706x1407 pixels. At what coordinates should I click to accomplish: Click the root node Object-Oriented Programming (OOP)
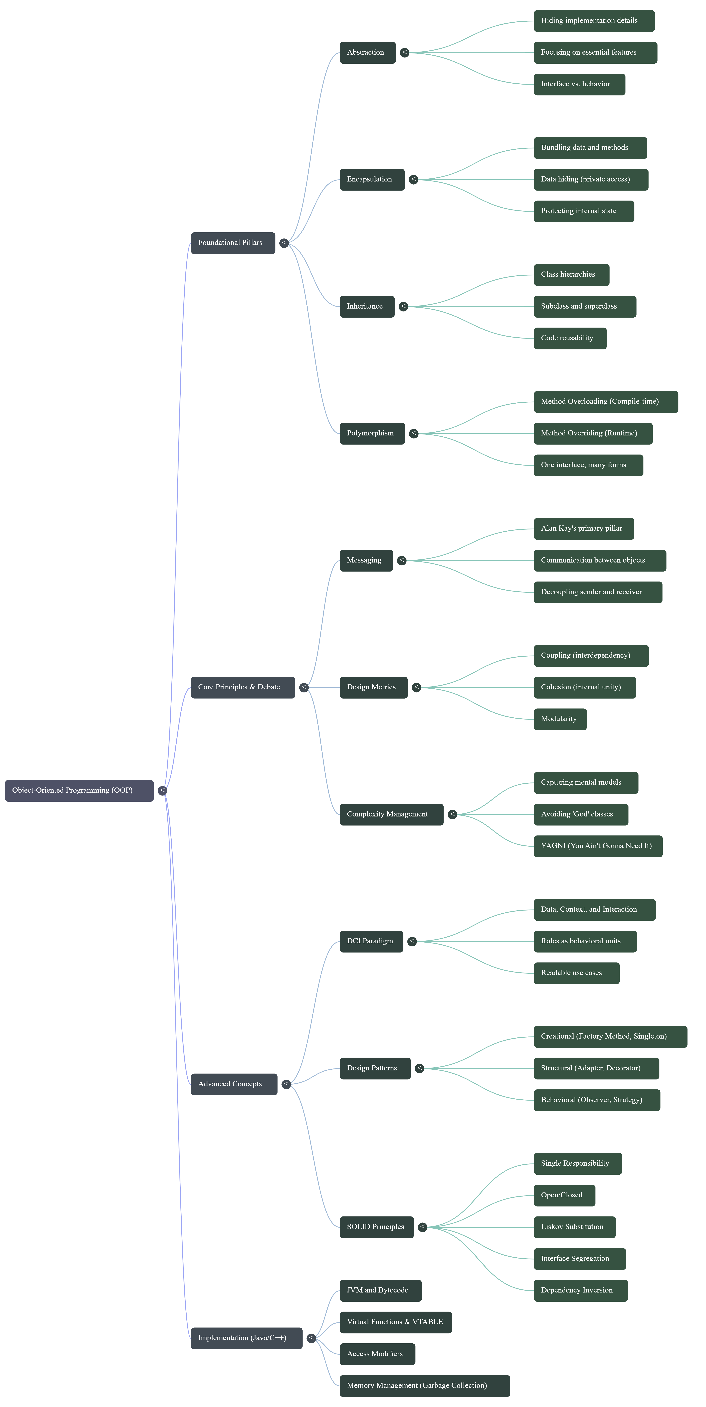pos(79,790)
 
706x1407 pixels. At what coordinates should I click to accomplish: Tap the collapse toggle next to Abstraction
pos(404,52)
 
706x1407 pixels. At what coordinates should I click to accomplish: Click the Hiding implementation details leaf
pos(594,21)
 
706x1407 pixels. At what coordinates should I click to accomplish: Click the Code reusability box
pos(570,338)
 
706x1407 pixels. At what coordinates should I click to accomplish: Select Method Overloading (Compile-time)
pos(605,401)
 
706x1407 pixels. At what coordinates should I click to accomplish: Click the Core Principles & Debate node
pos(243,687)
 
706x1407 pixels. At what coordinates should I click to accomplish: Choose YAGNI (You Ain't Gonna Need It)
pos(598,846)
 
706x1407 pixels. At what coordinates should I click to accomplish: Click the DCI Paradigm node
pos(371,941)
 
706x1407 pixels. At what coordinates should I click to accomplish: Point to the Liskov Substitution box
pos(574,1227)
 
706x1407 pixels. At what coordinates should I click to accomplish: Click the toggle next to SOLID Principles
pos(422,1227)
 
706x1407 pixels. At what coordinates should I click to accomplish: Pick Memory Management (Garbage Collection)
pos(425,1386)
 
